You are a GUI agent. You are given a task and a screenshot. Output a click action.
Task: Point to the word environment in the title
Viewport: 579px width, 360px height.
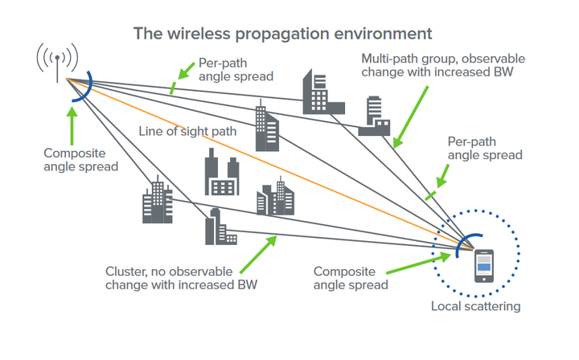(x=383, y=34)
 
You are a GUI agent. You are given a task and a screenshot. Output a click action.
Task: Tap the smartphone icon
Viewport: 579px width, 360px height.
(x=484, y=266)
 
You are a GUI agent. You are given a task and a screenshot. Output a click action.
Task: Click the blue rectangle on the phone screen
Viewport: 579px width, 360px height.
(x=484, y=267)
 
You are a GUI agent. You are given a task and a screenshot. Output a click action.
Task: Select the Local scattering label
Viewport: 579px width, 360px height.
(x=475, y=306)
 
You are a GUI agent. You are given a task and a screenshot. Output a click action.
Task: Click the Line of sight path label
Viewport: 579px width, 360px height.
(x=187, y=131)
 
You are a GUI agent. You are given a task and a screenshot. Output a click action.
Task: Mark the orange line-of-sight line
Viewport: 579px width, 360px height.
(x=269, y=164)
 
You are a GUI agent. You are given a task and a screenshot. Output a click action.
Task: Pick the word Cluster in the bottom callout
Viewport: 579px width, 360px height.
(x=125, y=272)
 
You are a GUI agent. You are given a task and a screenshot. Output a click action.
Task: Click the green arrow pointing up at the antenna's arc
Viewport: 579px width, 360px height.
(x=72, y=126)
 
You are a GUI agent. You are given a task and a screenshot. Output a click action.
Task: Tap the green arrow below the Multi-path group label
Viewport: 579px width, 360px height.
(x=411, y=117)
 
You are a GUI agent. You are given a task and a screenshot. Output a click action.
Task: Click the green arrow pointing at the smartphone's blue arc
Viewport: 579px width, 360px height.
(x=419, y=264)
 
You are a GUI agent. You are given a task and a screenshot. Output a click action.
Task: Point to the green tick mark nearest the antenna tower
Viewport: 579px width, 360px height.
(x=172, y=88)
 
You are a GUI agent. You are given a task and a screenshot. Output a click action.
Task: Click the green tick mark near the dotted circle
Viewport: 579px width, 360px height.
(x=430, y=196)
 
